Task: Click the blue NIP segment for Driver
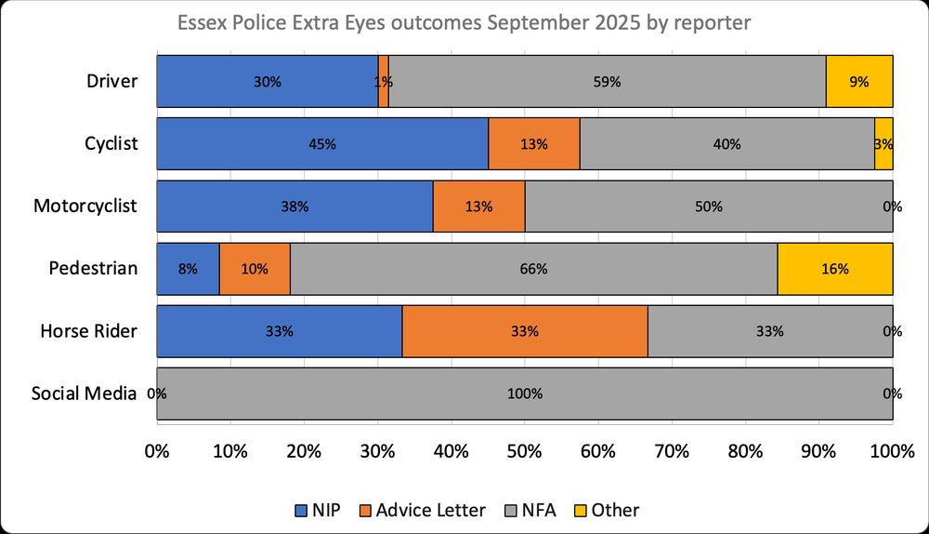267,81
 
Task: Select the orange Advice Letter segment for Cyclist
534,144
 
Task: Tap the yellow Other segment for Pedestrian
834,269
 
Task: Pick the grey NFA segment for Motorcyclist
708,207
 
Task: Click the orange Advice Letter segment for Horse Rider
524,331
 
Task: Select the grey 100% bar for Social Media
524,394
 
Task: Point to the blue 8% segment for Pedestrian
188,269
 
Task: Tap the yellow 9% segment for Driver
859,81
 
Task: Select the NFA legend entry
537,510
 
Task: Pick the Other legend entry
612,510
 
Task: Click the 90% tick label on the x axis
818,452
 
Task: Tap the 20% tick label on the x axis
304,452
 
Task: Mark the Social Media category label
85,394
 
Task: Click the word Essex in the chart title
202,20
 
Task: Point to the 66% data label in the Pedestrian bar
534,270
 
